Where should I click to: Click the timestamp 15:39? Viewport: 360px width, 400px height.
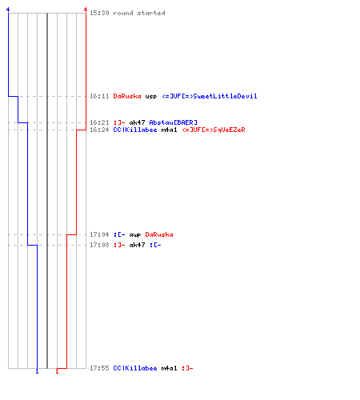[x=99, y=13]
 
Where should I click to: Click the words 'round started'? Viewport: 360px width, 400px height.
[x=139, y=13]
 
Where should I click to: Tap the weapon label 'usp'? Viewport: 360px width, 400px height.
[x=151, y=97]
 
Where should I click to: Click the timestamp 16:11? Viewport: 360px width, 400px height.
[x=99, y=96]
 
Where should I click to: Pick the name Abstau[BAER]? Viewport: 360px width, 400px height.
[x=174, y=122]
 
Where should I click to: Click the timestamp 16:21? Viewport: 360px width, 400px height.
[x=99, y=122]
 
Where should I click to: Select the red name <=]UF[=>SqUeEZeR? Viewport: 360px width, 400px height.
[x=214, y=130]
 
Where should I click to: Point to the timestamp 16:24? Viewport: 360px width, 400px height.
[x=99, y=130]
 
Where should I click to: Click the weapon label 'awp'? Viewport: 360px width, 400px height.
[x=135, y=235]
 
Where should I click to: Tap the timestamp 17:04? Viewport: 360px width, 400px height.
[x=99, y=234]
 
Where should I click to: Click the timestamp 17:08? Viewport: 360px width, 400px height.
[x=99, y=245]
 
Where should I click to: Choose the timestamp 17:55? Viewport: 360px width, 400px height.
[x=99, y=368]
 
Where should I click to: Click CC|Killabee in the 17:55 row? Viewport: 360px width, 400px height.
[x=135, y=368]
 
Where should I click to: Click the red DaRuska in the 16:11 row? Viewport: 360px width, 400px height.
[x=127, y=96]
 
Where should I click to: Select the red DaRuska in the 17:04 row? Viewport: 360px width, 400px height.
[x=159, y=234]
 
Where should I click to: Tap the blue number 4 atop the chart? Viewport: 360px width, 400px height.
[x=8, y=10]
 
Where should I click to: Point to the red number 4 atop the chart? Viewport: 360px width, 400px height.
[x=86, y=10]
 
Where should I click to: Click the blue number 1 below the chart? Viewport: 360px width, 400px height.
[x=37, y=371]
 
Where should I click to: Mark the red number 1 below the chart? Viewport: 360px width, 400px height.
[x=57, y=371]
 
